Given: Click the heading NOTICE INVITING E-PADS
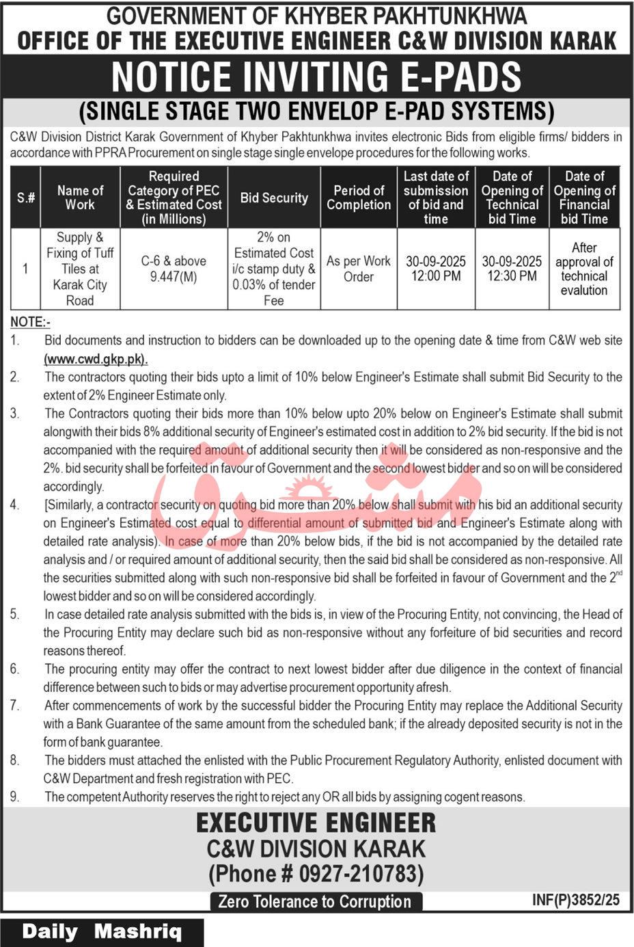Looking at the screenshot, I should [x=316, y=77].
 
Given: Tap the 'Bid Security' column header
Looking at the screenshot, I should [x=274, y=198].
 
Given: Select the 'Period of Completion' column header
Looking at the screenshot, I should [x=359, y=198].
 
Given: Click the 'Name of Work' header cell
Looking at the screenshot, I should [x=80, y=198].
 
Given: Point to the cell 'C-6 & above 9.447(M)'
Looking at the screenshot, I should [x=174, y=269].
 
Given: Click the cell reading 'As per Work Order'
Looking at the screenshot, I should [x=359, y=269].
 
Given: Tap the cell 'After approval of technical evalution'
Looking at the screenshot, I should [x=584, y=269].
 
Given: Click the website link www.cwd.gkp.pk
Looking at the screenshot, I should [x=96, y=359].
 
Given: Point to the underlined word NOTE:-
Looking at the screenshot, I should [x=30, y=322].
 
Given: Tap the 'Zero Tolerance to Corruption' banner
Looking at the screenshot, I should [x=315, y=902].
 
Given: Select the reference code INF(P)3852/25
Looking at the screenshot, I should [x=575, y=900].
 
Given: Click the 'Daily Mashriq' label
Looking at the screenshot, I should [x=102, y=932].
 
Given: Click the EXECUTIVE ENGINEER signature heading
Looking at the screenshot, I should [x=316, y=823].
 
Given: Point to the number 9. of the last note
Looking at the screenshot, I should [x=15, y=797].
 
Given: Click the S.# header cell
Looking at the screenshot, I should [x=25, y=198].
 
